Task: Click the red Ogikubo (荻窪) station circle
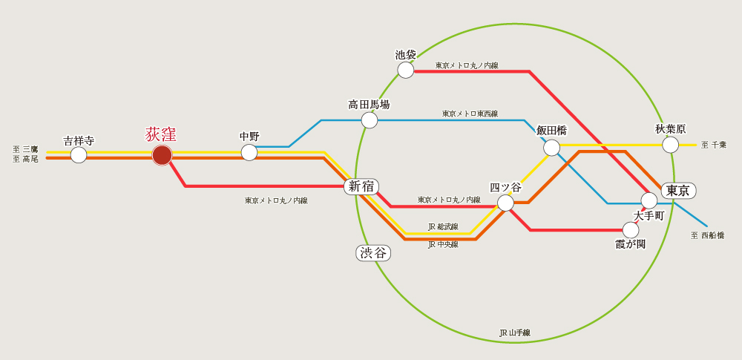(x=162, y=155)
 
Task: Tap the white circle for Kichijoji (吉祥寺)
(x=79, y=155)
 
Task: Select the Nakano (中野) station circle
(x=249, y=152)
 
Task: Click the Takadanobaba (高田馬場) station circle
(x=370, y=120)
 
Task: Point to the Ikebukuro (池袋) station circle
(x=406, y=70)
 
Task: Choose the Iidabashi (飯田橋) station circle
(x=552, y=148)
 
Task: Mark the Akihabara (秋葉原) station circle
(x=671, y=145)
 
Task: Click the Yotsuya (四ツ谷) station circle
(x=506, y=203)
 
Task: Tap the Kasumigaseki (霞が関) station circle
(x=631, y=230)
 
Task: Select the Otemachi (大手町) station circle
(x=649, y=200)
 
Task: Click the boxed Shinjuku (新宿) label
(x=361, y=186)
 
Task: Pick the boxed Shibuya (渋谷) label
(x=373, y=253)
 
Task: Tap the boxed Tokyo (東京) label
(x=678, y=190)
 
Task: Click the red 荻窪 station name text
(x=161, y=135)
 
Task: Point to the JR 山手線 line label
(x=515, y=333)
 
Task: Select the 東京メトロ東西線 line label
(x=470, y=114)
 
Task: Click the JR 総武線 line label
(x=443, y=226)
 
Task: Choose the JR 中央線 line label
(x=443, y=244)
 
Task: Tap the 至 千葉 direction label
(x=714, y=145)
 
